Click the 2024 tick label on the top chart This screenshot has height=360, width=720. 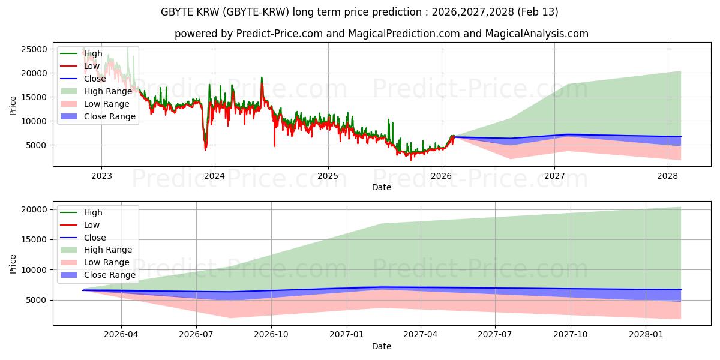pos(214,176)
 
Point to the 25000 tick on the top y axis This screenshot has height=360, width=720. pos(35,49)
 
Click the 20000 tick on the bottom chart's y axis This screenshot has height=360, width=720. pos(35,209)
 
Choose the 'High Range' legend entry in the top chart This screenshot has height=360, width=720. pos(108,91)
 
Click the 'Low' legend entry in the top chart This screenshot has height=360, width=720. pos(92,66)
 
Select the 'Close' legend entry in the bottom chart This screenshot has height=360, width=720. pos(95,238)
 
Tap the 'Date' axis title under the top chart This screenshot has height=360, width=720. pos(382,187)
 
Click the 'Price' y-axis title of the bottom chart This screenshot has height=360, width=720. pos(13,263)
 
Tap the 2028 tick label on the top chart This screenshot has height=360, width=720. pos(668,176)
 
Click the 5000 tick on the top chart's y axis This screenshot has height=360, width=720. pos(37,145)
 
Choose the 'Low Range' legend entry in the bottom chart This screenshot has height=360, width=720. pos(107,262)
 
